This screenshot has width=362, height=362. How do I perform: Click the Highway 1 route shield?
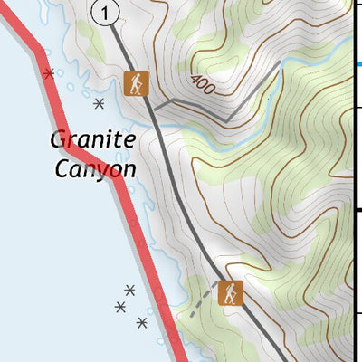point(106,13)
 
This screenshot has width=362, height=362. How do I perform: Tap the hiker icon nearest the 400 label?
point(136,83)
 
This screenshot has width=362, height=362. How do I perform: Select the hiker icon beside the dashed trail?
point(232,292)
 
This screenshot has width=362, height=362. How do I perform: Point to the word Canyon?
point(95,168)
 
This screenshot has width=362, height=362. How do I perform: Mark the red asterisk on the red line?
point(49,72)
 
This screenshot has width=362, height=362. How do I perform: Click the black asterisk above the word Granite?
point(99,103)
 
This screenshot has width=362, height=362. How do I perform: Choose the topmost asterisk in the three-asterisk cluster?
point(129,290)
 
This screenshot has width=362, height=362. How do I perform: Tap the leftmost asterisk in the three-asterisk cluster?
point(120,307)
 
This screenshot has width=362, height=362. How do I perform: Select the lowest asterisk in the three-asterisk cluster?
point(141,322)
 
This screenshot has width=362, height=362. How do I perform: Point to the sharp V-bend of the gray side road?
point(225,119)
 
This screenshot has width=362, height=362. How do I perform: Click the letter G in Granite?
point(60,140)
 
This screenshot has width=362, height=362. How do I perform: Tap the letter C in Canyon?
point(62,168)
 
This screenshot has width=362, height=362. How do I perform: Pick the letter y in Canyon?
point(101,172)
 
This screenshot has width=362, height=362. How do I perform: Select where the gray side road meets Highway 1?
point(155,110)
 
